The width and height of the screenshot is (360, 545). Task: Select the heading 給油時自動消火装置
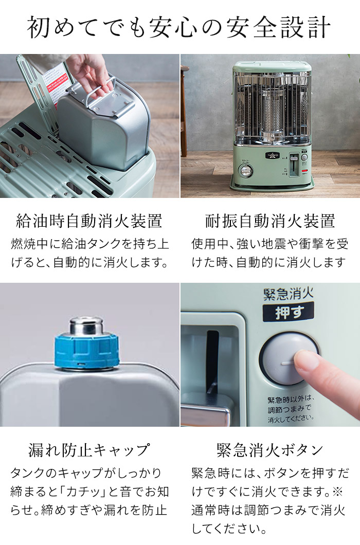click(x=89, y=221)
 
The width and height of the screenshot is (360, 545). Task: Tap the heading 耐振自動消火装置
click(x=270, y=221)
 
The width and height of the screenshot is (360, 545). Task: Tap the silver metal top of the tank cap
click(x=86, y=325)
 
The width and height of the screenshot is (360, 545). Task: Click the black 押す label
click(x=288, y=313)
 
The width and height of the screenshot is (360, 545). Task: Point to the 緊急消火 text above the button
click(x=288, y=295)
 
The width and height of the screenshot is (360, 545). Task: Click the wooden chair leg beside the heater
click(x=184, y=118)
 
